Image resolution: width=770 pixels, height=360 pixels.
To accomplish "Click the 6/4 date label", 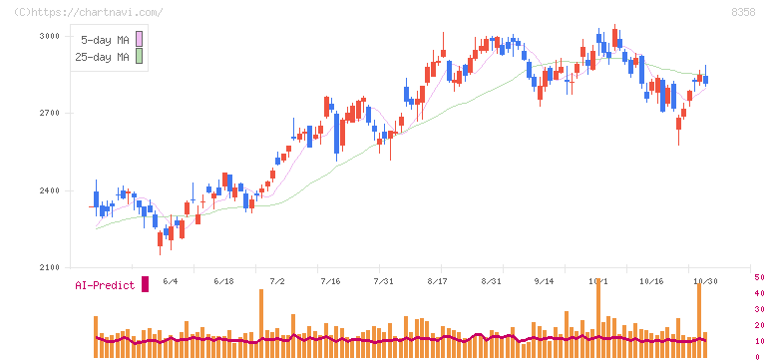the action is tap(170, 281).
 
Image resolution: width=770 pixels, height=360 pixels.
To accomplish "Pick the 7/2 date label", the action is tap(277, 281).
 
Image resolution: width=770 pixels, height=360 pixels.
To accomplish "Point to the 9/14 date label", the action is tap(545, 281).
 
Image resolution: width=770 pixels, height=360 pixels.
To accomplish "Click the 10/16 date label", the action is tap(651, 281).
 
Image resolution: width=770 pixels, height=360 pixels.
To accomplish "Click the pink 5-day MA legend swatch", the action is tap(139, 39).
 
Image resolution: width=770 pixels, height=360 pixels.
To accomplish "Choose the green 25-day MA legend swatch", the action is tap(139, 56).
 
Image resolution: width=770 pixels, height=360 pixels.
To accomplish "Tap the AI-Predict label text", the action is tap(105, 285).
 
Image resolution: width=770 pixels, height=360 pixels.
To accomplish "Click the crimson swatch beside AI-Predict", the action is tap(145, 284).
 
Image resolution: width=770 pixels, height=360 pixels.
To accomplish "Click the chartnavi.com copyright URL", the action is tap(88, 12).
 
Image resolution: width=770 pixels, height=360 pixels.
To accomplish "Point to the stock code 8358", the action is tap(743, 12).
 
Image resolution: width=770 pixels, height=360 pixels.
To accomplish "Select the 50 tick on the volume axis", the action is tap(759, 277).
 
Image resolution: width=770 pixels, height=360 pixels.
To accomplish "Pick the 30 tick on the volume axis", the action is tap(759, 309).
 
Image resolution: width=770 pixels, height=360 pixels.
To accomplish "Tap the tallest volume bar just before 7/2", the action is tap(261, 323).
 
